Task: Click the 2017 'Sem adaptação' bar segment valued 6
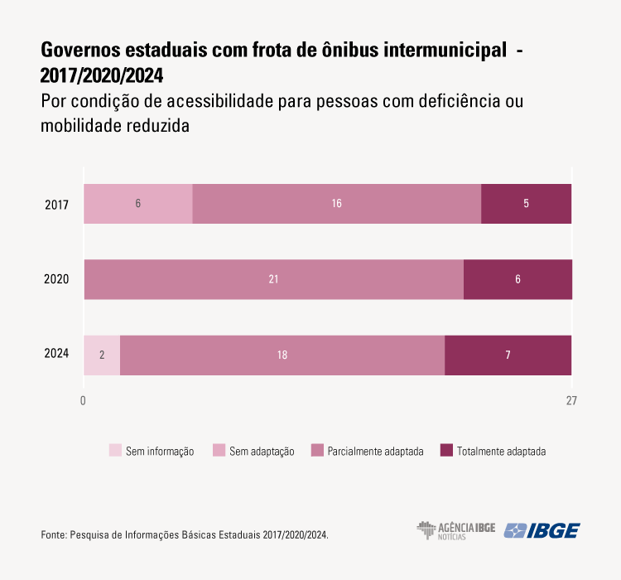click(x=138, y=204)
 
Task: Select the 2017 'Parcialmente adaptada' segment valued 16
click(x=337, y=204)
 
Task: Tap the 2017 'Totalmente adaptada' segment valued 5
click(x=527, y=204)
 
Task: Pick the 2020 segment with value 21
click(x=273, y=279)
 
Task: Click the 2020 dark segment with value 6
click(x=517, y=279)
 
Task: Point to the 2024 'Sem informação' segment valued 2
click(x=102, y=355)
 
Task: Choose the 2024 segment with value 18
click(x=282, y=355)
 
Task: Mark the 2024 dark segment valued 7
click(x=508, y=355)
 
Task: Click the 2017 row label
click(x=56, y=204)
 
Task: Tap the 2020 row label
click(x=56, y=279)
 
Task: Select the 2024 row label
click(x=56, y=355)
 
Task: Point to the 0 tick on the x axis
click(x=84, y=401)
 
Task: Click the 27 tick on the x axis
click(x=571, y=401)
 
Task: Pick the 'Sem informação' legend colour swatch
click(x=115, y=451)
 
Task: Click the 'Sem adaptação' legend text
click(x=262, y=452)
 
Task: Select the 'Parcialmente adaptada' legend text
click(x=375, y=452)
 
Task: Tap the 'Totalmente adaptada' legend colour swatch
click(x=446, y=451)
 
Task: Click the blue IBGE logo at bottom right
click(x=542, y=530)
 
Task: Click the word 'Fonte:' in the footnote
click(x=54, y=535)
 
